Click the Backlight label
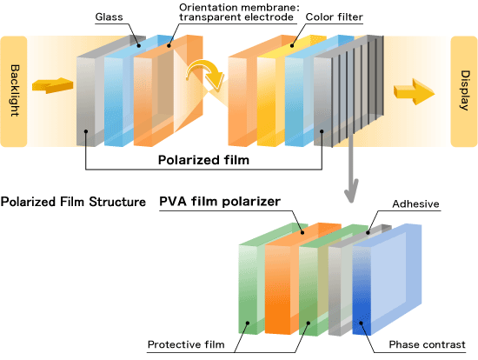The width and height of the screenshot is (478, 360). point(14,90)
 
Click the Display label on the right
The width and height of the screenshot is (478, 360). point(465,90)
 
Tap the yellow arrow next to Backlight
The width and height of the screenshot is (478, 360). point(52,85)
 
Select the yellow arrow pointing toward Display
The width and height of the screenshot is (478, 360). point(414,91)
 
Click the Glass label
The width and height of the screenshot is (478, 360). point(110,17)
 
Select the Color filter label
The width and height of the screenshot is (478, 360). point(334,17)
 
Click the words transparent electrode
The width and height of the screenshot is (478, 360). point(236,17)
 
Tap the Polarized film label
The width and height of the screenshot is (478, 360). point(203,160)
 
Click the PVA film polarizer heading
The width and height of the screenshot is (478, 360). point(220,202)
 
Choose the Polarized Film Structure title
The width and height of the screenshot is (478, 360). point(73,202)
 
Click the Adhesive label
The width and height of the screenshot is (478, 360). point(415,203)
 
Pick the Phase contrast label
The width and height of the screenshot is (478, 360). point(427,344)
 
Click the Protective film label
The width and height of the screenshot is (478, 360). point(186,344)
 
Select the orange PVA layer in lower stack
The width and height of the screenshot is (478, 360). point(277,290)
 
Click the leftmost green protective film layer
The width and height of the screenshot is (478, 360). point(248,289)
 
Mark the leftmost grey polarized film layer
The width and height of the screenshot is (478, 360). point(86,101)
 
